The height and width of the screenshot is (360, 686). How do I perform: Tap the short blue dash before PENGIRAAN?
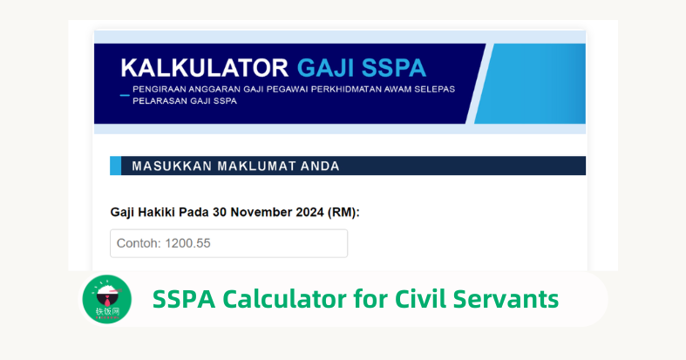coord(125,94)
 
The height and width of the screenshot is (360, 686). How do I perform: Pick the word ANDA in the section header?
coord(317,166)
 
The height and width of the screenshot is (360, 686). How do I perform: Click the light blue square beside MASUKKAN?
coord(115,166)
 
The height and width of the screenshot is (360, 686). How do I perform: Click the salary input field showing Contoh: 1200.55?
coord(228,243)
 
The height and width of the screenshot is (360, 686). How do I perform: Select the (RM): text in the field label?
coord(343,212)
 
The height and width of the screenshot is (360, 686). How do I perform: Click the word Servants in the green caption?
coord(505,299)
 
